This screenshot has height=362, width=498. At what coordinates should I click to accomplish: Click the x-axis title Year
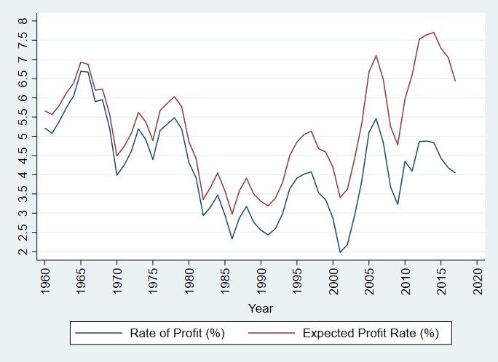click(x=261, y=307)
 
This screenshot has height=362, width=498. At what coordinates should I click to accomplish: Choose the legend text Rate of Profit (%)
click(x=177, y=334)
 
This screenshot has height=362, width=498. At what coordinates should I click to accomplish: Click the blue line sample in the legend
click(x=98, y=334)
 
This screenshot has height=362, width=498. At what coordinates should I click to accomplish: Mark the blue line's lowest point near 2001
click(x=339, y=252)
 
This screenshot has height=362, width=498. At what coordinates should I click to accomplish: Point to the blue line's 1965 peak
click(x=81, y=71)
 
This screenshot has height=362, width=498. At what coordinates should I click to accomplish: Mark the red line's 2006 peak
click(x=376, y=55)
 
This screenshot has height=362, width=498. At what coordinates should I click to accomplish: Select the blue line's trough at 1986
click(x=232, y=239)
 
